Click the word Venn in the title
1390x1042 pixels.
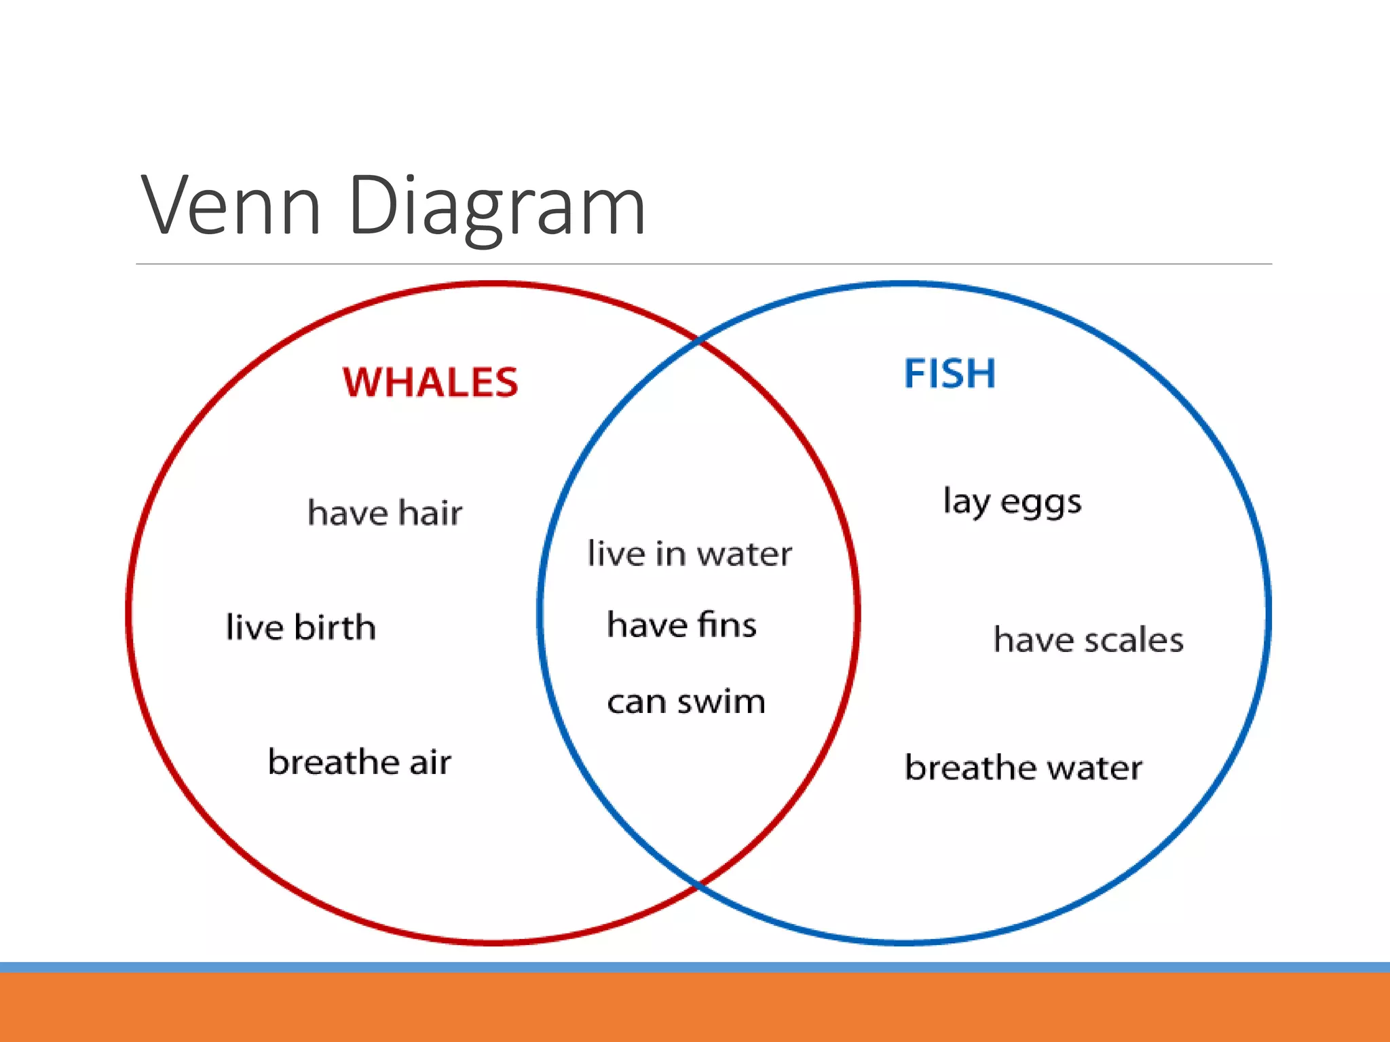pyautogui.click(x=231, y=206)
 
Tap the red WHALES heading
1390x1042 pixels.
pyautogui.click(x=430, y=382)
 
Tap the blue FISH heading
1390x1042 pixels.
pyautogui.click(x=950, y=373)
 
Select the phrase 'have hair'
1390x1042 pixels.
pyautogui.click(x=385, y=513)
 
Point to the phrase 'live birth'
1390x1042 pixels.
pyautogui.click(x=301, y=627)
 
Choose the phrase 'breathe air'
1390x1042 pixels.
pyautogui.click(x=360, y=762)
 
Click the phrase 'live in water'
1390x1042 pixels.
pyautogui.click(x=690, y=554)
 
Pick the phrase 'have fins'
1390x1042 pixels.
pyautogui.click(x=681, y=625)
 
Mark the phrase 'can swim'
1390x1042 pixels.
pyautogui.click(x=686, y=701)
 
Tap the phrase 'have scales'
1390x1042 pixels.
pyautogui.click(x=1089, y=640)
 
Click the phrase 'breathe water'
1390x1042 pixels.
pyautogui.click(x=1023, y=768)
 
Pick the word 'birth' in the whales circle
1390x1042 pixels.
pyautogui.click(x=335, y=627)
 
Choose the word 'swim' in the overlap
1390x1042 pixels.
pyautogui.click(x=721, y=701)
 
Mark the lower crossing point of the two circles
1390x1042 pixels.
pyautogui.click(x=699, y=884)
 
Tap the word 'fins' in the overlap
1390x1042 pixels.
pyautogui.click(x=728, y=625)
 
